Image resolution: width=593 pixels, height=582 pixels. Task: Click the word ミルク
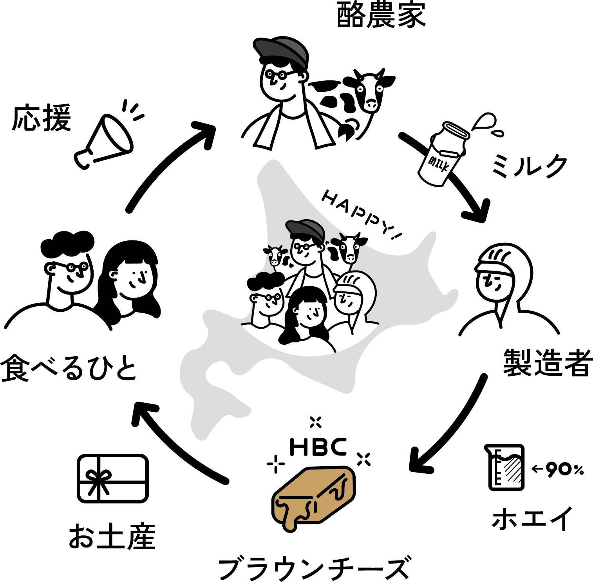pyautogui.click(x=529, y=166)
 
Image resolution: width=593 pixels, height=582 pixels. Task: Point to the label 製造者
pyautogui.click(x=547, y=362)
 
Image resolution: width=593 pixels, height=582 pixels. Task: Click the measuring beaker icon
pyautogui.click(x=506, y=467)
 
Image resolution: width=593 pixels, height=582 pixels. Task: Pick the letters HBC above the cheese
pyautogui.click(x=318, y=447)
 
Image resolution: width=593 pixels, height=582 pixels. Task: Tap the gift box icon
pyautogui.click(x=113, y=478)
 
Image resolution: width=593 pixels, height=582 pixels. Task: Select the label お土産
pyautogui.click(x=112, y=537)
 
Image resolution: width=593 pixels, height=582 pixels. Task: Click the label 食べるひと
pyautogui.click(x=69, y=368)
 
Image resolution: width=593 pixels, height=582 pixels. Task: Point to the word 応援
pyautogui.click(x=42, y=118)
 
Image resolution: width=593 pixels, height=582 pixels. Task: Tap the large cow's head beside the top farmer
pyautogui.click(x=368, y=90)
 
